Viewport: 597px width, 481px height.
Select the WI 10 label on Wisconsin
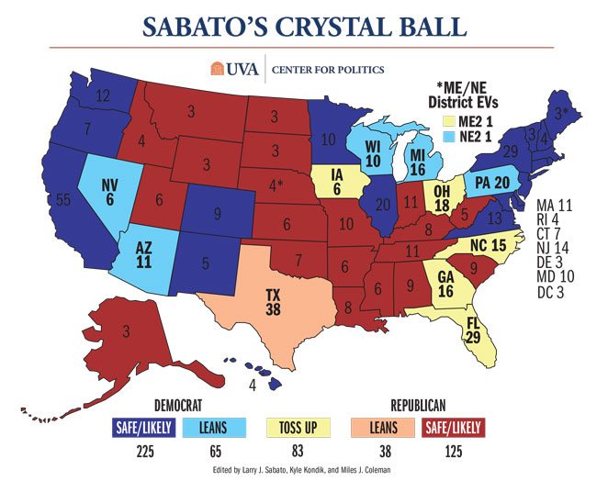(371, 155)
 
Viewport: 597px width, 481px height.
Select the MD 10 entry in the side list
(557, 276)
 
